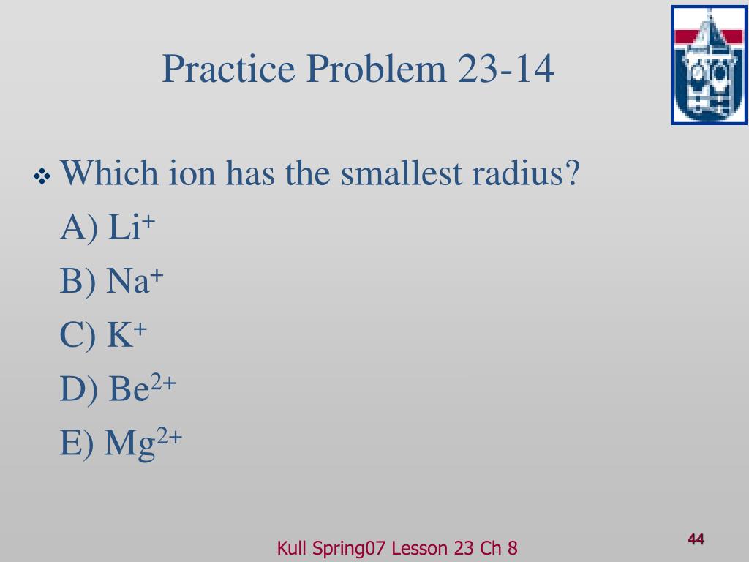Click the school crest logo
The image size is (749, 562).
pos(710,65)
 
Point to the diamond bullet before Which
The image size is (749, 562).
pos(42,176)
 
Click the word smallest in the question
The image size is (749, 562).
pos(402,173)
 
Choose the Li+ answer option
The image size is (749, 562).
pos(108,226)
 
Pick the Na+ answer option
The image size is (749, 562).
pos(112,280)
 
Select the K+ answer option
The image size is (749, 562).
pos(103,334)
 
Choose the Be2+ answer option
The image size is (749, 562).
pos(118,388)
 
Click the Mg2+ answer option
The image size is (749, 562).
pos(121,443)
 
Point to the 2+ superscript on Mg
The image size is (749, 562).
pos(169,436)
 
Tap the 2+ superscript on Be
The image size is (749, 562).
pos(163,382)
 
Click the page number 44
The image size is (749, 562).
pos(696,539)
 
